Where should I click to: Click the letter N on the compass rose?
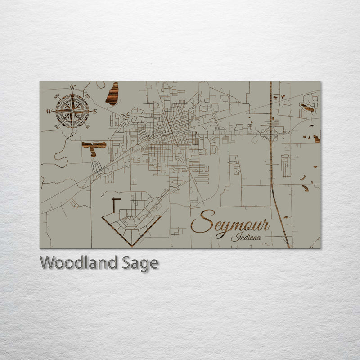tap(72, 87)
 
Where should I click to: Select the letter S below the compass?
tap(72, 134)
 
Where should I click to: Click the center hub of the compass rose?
tap(72, 111)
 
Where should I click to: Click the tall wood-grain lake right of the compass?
tap(112, 94)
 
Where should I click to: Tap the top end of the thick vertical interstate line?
tap(271, 83)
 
